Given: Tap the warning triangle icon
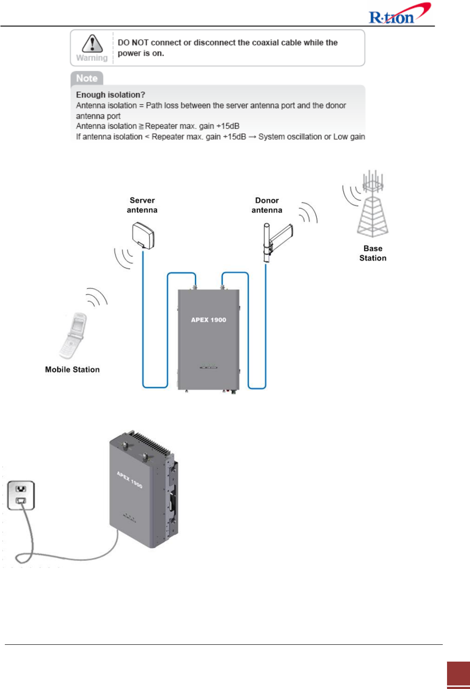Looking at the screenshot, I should tap(92, 44).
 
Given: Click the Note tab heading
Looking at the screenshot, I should tap(87, 78).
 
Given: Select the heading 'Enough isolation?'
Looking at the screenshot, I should tap(110, 95).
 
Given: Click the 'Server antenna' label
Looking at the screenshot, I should tap(142, 205).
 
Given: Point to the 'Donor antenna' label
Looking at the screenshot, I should tap(267, 205).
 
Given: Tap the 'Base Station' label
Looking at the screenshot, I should tap(373, 253).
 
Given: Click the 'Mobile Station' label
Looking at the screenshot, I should tap(72, 369).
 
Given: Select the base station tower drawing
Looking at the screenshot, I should tap(373, 205).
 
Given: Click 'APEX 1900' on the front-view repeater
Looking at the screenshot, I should tap(208, 320).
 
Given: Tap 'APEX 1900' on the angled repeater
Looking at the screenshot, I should tap(129, 480).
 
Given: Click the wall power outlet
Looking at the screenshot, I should tap(21, 495).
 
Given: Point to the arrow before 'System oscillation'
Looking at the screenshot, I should tap(252, 137).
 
